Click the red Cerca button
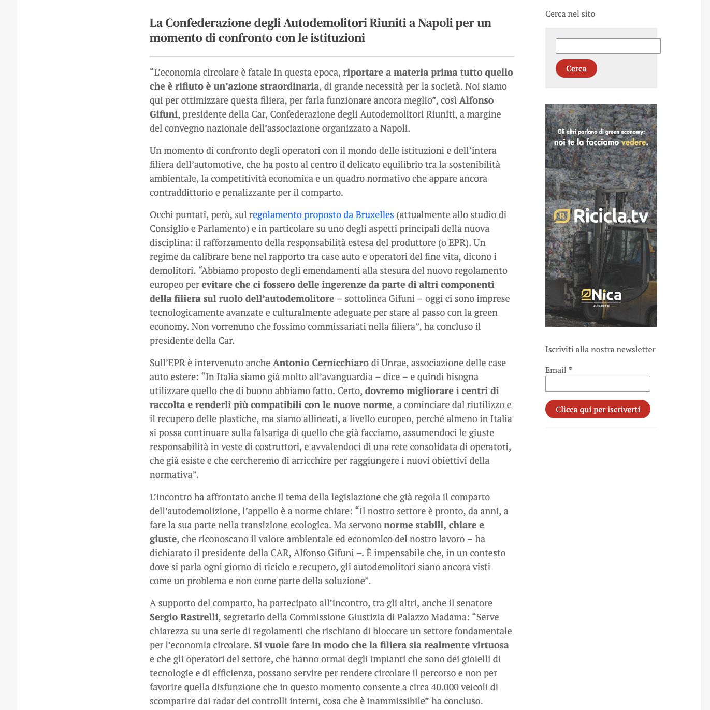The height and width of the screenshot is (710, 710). coord(576,68)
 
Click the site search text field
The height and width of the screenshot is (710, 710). coord(607,46)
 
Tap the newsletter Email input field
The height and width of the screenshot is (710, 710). coord(597,384)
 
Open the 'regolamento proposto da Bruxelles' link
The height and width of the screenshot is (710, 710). coord(323,214)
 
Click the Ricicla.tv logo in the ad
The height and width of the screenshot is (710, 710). coord(601,216)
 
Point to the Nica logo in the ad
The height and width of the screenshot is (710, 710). coord(601,296)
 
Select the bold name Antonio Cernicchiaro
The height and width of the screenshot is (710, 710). coord(321,363)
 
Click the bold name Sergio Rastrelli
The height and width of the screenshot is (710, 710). coord(184,617)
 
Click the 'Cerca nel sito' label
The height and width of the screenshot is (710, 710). coord(570,14)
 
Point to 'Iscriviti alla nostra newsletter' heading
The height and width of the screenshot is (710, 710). coord(600,350)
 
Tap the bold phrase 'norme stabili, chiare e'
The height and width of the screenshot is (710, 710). coord(434,525)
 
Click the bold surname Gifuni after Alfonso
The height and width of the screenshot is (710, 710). coord(164,114)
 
